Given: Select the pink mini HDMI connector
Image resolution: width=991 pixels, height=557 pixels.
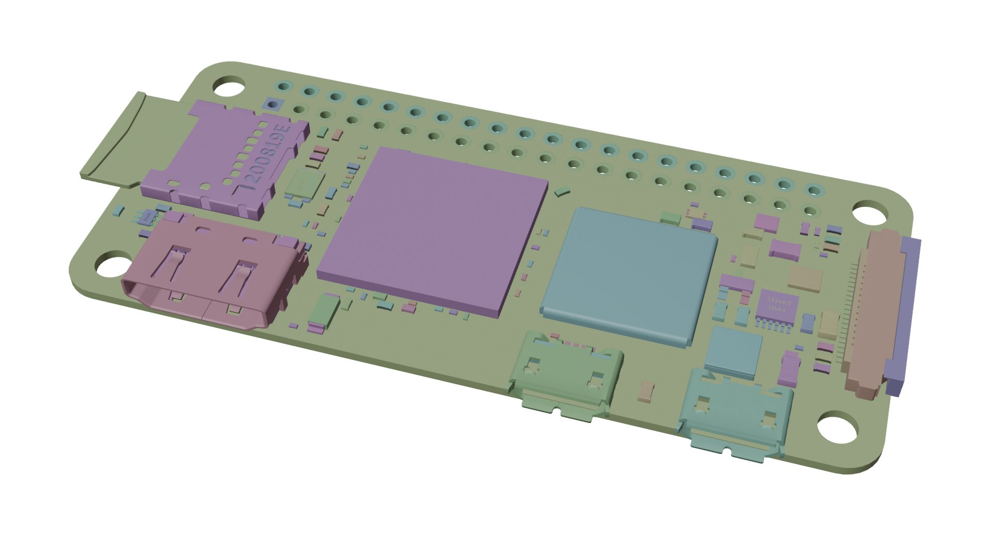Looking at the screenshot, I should pyautogui.click(x=212, y=273).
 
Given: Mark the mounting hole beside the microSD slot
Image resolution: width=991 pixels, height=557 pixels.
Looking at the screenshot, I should pyautogui.click(x=229, y=86).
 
